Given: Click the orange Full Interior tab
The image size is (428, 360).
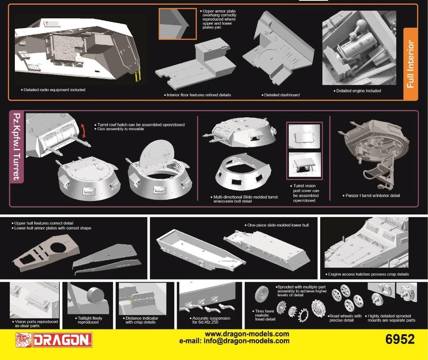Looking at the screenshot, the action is coord(410,64).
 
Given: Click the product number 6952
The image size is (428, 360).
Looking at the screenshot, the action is coord(400,339).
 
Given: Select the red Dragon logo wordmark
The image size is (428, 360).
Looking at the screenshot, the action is coord(62,340).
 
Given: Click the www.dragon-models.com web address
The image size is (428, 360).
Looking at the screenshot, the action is coord(247,334).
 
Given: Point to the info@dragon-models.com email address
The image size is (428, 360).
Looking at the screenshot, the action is coord(247,341).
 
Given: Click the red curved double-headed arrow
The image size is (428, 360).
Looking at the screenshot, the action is coord(84,131).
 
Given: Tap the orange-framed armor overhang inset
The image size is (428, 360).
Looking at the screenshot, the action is coord(177,24).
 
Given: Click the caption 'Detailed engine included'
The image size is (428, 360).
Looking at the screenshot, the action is coord(358,91).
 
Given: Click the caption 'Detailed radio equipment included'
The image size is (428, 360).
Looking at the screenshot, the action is coord(54,90).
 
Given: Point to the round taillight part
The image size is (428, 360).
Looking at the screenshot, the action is coord(95,295).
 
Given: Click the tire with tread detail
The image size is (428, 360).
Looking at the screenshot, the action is coord(262,294).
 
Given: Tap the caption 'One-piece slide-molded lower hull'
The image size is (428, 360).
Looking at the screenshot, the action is coord(278,225).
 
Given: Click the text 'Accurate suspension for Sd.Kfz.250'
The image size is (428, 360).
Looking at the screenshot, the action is coord(211,320).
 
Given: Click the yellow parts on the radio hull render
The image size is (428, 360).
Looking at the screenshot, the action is coord(138,76).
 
